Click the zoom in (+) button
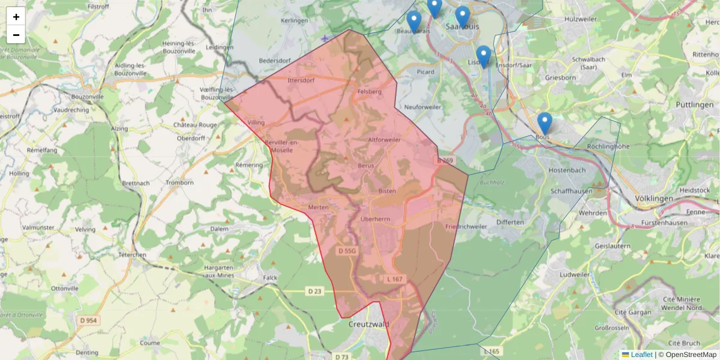[16, 16]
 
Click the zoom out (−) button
[16, 35]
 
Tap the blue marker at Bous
[544, 123]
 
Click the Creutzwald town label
[368, 324]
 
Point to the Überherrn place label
[375, 219]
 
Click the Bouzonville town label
[88, 97]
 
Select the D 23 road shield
[315, 292]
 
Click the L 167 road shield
[395, 279]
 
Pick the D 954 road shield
[88, 321]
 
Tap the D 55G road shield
[347, 251]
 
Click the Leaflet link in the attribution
[641, 355]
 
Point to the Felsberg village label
[369, 92]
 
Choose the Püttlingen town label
[694, 104]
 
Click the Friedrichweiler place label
[466, 227]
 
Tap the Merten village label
[319, 207]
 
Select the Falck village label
[271, 278]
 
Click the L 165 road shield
[491, 351]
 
